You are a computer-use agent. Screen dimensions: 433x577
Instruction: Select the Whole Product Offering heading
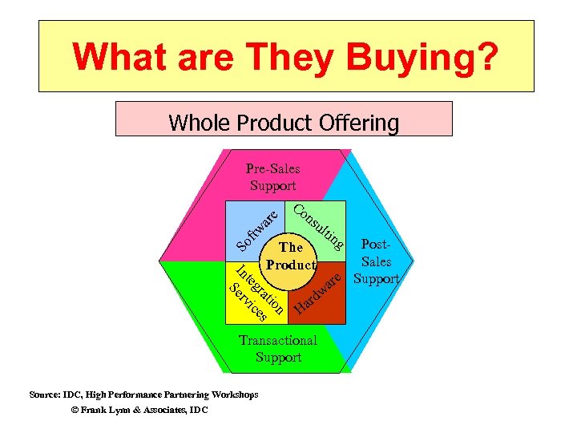point(284,123)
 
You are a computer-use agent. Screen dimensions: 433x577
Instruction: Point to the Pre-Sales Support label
point(272,177)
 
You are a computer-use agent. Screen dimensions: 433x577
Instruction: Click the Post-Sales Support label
point(376,261)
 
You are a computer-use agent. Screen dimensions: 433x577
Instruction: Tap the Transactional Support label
point(278,349)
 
